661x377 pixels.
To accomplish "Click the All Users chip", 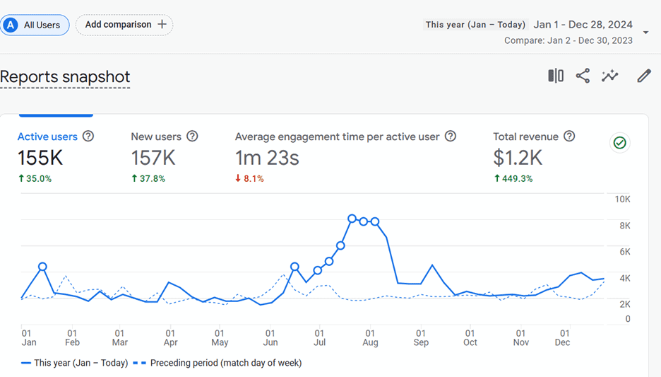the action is (35, 25).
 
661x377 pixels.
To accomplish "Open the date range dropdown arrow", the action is (645, 33).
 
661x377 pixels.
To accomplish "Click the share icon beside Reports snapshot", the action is (583, 76).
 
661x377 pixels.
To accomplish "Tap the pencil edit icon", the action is (644, 76).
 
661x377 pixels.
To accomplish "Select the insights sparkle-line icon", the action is (609, 76).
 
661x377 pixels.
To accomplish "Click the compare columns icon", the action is (556, 76).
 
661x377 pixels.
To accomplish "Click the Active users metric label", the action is (47, 137).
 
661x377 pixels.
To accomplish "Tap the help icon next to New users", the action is (192, 137).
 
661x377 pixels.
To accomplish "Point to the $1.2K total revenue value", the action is (518, 158).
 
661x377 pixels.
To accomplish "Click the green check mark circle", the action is (620, 143).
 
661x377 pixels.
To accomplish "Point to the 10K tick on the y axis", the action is (622, 199).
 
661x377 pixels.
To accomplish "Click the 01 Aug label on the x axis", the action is (370, 337).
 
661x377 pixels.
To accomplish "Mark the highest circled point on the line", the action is (352, 219).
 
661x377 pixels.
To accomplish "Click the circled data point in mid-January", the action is (42, 267).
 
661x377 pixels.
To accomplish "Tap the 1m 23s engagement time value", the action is (267, 158).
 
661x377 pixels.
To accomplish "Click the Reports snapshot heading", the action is (65, 77).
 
